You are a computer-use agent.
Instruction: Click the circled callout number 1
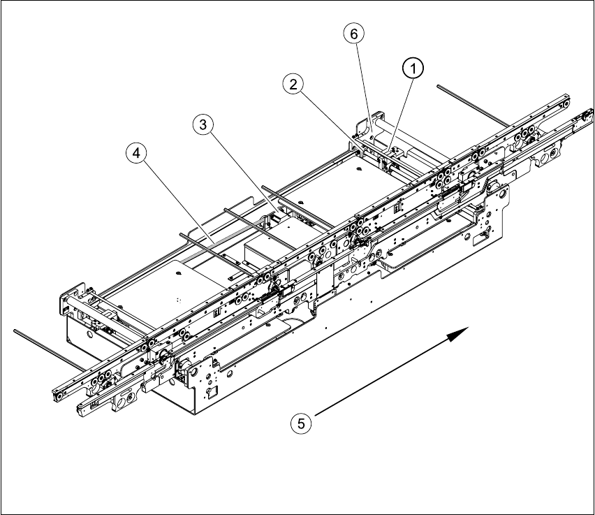pos(413,69)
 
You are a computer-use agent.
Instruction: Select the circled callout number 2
pos(293,85)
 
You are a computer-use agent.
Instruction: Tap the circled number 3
pos(203,125)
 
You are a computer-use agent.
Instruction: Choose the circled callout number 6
pos(354,33)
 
